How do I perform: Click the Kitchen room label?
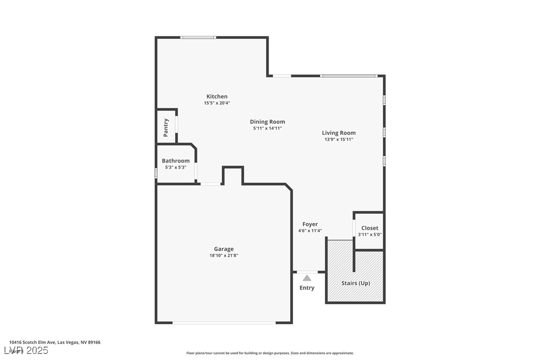(x=217, y=96)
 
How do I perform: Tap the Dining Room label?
(x=267, y=122)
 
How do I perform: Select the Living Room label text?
(x=339, y=133)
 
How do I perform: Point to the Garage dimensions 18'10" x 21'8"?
(x=224, y=256)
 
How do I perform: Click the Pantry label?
(x=166, y=128)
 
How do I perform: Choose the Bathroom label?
(x=176, y=161)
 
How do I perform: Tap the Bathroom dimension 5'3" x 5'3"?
(x=176, y=168)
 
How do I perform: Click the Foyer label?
(x=310, y=224)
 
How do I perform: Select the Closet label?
(x=369, y=228)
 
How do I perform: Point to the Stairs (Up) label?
(x=356, y=283)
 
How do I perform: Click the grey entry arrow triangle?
(x=307, y=278)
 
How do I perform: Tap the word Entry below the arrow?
(x=307, y=288)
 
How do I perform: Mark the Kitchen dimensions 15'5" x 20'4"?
(x=217, y=103)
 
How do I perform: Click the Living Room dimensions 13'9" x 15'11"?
(x=339, y=139)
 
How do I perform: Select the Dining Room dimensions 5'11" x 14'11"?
(x=267, y=128)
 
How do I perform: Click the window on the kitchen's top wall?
(x=198, y=37)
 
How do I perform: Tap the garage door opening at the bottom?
(x=224, y=323)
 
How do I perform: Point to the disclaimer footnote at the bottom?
(x=270, y=353)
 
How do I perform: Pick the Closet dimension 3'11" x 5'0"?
(x=369, y=235)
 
